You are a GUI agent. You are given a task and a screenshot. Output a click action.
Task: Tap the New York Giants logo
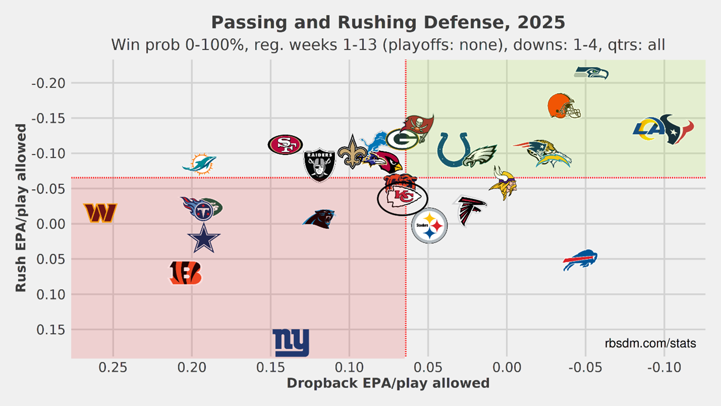pos(291,343)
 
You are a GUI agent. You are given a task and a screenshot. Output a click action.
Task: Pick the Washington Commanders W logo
pos(100,212)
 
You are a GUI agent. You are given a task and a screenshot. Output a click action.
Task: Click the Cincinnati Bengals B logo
pos(185,273)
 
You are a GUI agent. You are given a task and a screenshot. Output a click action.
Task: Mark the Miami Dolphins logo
pos(199,164)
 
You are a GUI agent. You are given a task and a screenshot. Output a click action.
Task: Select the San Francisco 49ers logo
pos(285,145)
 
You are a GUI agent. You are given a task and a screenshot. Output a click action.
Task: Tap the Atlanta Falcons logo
pos(470,211)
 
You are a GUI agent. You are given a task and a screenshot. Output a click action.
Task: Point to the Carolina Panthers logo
pos(319,219)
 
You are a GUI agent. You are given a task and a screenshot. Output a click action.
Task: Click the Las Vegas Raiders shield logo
pos(319,164)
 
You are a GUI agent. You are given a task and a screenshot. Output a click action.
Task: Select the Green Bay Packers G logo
pos(402,139)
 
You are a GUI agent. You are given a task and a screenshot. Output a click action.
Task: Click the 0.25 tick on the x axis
pos(113,368)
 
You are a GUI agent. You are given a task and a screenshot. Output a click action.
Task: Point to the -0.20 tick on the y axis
pos(51,83)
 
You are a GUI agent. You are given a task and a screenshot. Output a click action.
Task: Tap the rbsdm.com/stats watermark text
pos(651,344)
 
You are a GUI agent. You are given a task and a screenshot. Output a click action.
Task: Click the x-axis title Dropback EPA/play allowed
pos(388,383)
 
